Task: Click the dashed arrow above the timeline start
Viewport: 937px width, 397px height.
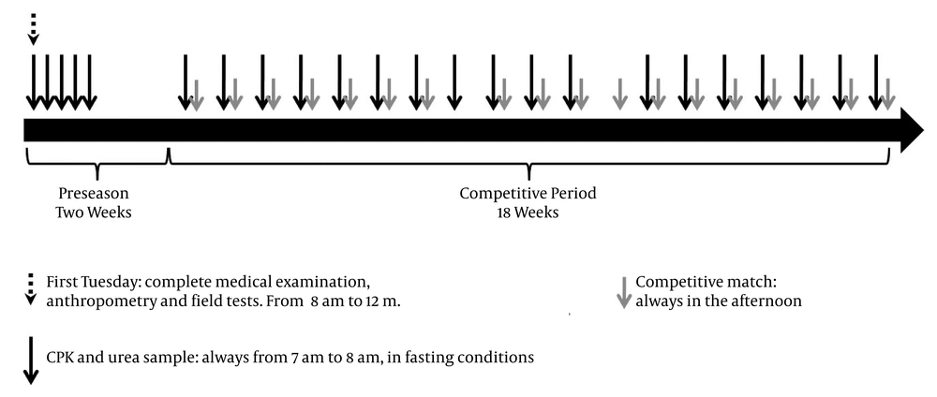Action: pos(33,29)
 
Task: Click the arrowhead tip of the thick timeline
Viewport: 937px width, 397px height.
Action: pos(924,130)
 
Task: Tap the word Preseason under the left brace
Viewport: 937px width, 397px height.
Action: pos(93,194)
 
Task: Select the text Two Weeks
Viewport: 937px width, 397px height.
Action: pos(93,212)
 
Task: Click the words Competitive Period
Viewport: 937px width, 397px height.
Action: pos(528,194)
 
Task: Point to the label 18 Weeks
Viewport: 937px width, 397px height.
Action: pos(528,212)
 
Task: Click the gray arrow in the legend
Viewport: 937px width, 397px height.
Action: pos(624,292)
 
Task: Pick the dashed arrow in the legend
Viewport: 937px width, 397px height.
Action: pos(31,290)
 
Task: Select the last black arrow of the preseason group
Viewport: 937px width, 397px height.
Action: pos(88,82)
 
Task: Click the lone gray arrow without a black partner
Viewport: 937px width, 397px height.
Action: pos(619,94)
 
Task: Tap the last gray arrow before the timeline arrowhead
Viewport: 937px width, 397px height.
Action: pos(887,94)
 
